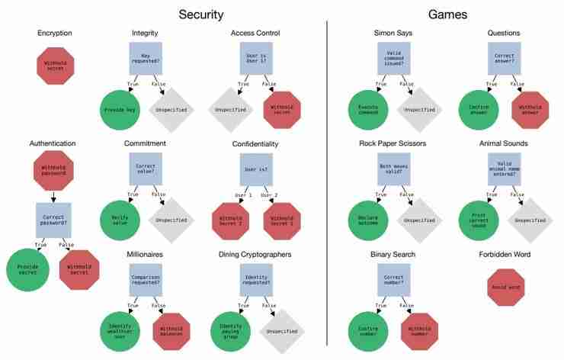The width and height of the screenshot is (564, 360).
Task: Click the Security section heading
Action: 200,14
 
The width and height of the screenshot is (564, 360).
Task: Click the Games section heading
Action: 448,14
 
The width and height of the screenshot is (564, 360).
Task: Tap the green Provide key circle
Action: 120,109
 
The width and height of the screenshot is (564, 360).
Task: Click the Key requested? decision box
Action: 146,57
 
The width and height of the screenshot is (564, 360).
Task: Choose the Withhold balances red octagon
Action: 175,329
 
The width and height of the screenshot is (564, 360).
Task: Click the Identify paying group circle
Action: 229,329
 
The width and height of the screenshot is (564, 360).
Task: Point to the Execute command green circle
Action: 369,109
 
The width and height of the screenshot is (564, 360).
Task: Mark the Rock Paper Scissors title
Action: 394,143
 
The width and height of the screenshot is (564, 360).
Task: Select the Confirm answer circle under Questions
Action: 479,109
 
